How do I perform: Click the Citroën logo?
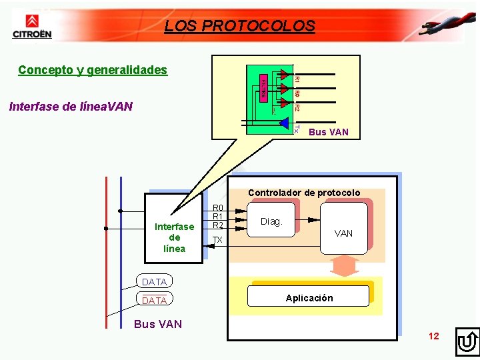pyautogui.click(x=31, y=26)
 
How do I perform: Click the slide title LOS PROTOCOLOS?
pyautogui.click(x=239, y=26)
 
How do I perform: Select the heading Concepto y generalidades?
pyautogui.click(x=93, y=70)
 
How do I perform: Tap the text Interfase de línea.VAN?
pyautogui.click(x=71, y=107)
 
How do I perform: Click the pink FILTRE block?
pyautogui.click(x=263, y=88)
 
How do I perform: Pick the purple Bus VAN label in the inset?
pyautogui.click(x=328, y=132)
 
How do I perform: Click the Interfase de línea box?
pyautogui.click(x=174, y=227)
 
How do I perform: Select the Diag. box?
pyautogui.click(x=272, y=221)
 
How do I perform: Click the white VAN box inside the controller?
pyautogui.click(x=343, y=228)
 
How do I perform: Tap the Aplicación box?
pyautogui.click(x=309, y=297)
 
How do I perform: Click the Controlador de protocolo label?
pyautogui.click(x=304, y=193)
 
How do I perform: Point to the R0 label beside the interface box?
pyautogui.click(x=217, y=208)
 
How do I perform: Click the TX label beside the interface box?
pyautogui.click(x=217, y=239)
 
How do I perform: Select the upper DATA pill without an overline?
pyautogui.click(x=154, y=282)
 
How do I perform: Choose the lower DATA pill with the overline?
pyautogui.click(x=154, y=301)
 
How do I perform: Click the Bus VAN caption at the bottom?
pyautogui.click(x=158, y=325)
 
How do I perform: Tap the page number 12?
pyautogui.click(x=434, y=336)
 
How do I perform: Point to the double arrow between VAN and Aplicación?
pyautogui.click(x=345, y=267)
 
